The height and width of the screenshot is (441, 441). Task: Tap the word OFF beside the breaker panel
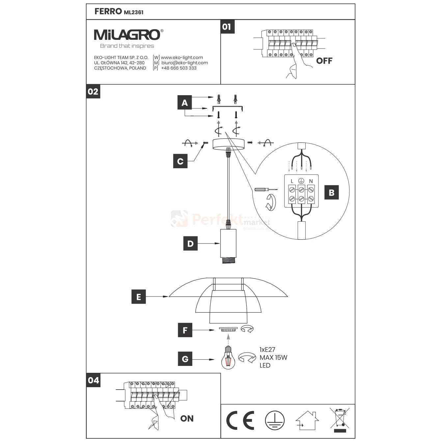click(x=324, y=61)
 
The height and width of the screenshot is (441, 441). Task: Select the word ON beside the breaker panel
click(x=187, y=418)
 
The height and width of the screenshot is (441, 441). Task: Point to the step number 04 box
click(x=93, y=380)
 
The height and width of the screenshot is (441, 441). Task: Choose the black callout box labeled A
click(x=184, y=103)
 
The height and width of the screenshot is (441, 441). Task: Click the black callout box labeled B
click(x=331, y=192)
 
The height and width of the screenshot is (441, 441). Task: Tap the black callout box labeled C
click(x=180, y=161)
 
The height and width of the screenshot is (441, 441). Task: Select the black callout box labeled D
click(x=190, y=244)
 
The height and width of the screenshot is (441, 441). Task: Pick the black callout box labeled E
click(x=139, y=297)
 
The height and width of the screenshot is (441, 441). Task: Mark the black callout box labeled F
click(x=185, y=330)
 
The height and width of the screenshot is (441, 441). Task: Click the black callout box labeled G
click(x=185, y=359)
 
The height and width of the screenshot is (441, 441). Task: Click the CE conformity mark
click(x=240, y=421)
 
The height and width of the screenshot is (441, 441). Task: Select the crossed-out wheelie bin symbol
click(x=340, y=420)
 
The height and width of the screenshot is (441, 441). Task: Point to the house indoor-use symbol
click(x=307, y=421)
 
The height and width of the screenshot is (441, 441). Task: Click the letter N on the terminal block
click(x=311, y=181)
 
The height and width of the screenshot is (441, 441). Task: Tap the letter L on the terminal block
click(x=292, y=181)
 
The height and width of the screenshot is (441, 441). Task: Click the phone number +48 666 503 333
click(x=179, y=68)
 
